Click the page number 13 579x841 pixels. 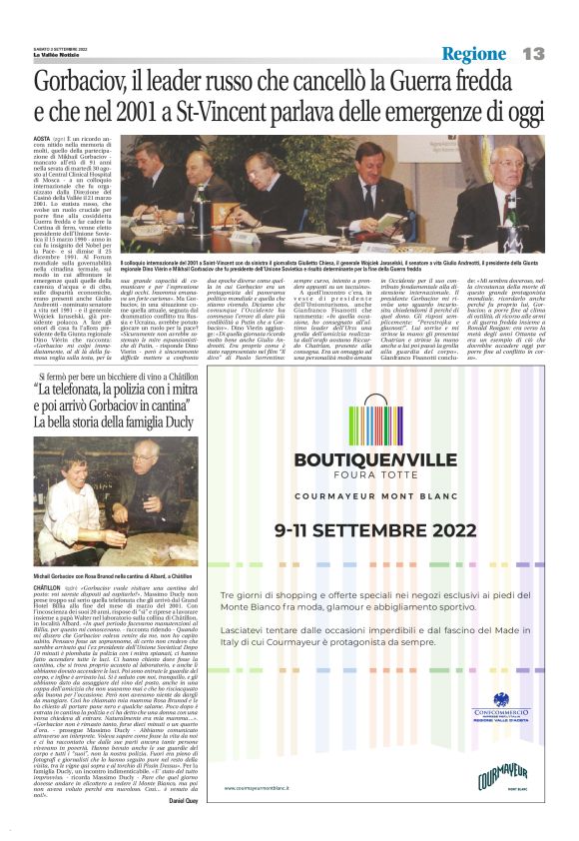[x=534, y=53]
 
